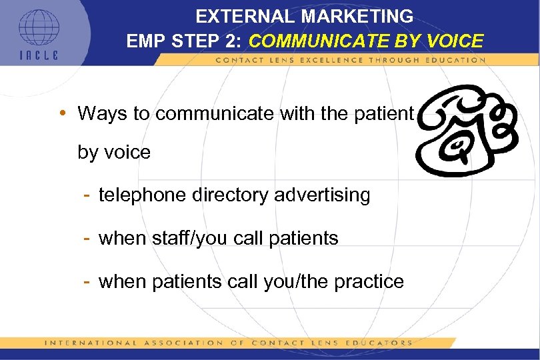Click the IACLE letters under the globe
coord(38,55)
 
